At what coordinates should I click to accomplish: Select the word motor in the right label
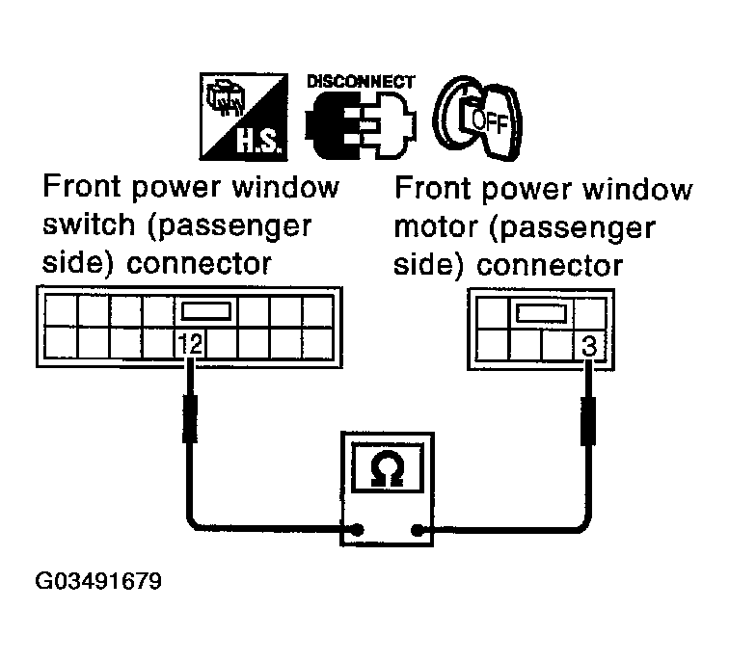coord(435,229)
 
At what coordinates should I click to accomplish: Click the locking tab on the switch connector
coord(202,311)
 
